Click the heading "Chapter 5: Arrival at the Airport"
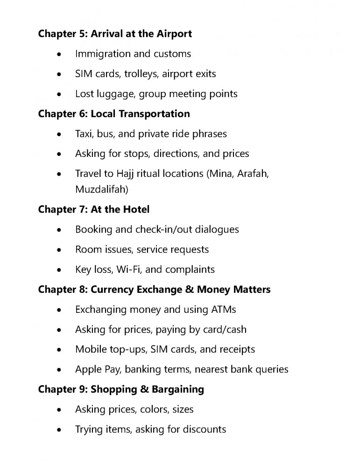[x=115, y=34]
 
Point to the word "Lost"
[x=85, y=94]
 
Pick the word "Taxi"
[x=85, y=134]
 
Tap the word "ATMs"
[x=221, y=310]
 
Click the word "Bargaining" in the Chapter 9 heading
[x=177, y=389]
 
